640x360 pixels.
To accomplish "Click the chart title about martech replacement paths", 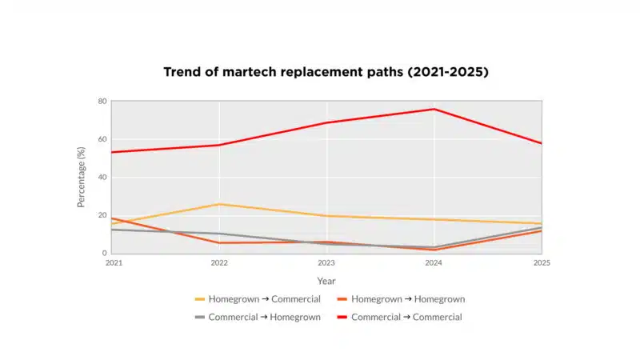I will pos(326,72).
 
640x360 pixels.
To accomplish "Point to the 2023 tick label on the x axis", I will pos(326,262).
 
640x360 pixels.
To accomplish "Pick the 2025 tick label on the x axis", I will pos(542,262).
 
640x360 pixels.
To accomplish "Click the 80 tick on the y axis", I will pos(102,102).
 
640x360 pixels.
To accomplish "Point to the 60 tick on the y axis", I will pos(102,139).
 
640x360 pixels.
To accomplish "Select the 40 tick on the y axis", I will pos(102,177).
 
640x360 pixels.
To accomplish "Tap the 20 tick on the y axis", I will pos(102,215).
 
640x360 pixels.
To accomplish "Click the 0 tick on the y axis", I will pos(104,253).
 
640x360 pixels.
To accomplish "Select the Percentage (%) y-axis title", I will pos(82,177).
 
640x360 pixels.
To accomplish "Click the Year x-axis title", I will pos(326,281).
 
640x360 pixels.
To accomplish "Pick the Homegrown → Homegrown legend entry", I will pos(408,299).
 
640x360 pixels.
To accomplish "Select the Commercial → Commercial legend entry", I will pos(406,317).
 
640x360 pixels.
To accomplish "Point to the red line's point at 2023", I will pos(326,122).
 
